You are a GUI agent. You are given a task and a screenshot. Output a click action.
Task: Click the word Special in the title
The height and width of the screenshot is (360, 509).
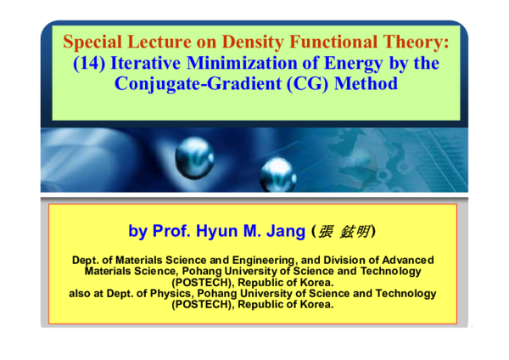[x=92, y=42]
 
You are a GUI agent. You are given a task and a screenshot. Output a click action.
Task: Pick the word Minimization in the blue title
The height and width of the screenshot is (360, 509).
[x=240, y=64]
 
